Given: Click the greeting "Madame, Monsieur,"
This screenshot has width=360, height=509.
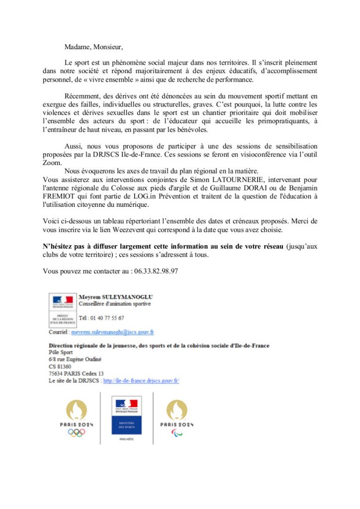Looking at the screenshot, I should pos(93,47).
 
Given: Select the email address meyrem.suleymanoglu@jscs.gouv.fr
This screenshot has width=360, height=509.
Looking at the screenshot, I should pos(112,332).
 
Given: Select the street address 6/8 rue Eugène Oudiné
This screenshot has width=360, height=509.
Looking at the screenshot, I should pos(75,359).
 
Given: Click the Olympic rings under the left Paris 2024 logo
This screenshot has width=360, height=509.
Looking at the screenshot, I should pos(77,432).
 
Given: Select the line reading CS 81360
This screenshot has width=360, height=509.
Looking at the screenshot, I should pos(60,367).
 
